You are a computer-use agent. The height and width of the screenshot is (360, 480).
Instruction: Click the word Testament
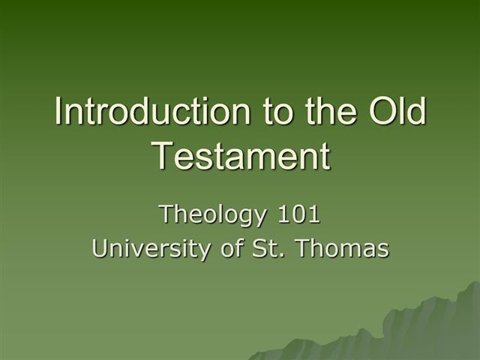pos(241,156)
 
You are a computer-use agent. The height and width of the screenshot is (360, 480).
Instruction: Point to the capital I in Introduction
pos(58,112)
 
